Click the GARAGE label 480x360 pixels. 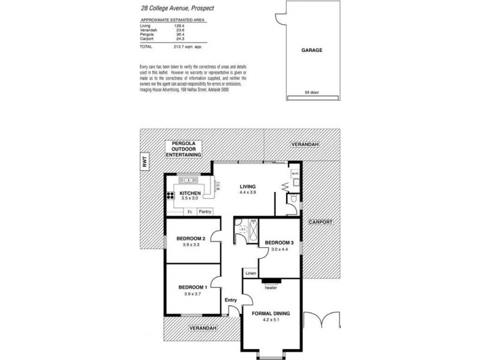click(x=311, y=50)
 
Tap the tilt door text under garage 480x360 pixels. click(x=311, y=93)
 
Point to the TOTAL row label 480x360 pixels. click(x=146, y=46)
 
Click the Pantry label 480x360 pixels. click(x=205, y=212)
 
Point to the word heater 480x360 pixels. click(x=271, y=286)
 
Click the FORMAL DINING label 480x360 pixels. click(x=271, y=312)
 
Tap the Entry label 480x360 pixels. click(x=231, y=300)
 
